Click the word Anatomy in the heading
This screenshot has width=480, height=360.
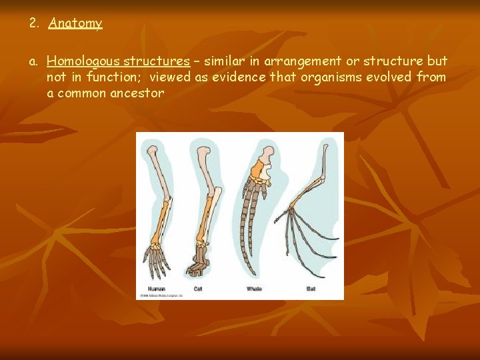(x=75, y=23)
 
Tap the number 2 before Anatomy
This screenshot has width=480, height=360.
(x=33, y=23)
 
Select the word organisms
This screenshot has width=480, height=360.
(x=327, y=77)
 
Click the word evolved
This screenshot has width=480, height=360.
(x=387, y=77)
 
